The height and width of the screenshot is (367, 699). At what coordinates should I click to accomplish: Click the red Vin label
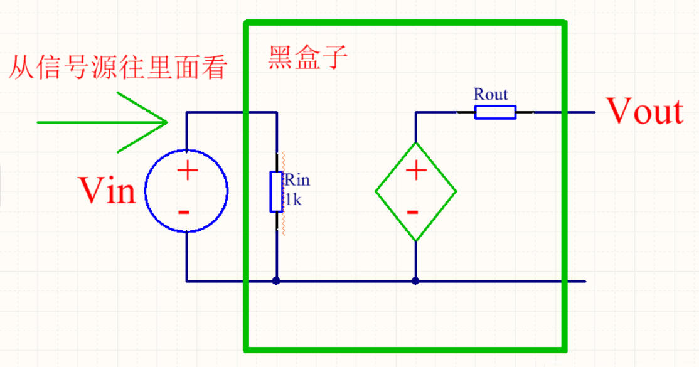(x=107, y=189)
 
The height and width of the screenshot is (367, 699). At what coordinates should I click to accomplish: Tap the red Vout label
(x=644, y=112)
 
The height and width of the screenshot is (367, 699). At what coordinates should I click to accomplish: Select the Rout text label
(x=491, y=95)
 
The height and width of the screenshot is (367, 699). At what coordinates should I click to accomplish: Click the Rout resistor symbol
(x=495, y=112)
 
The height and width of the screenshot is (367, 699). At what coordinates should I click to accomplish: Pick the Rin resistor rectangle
(x=276, y=191)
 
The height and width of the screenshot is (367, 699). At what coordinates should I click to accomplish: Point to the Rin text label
(x=297, y=181)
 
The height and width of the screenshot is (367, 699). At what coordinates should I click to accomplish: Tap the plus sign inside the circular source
(x=187, y=171)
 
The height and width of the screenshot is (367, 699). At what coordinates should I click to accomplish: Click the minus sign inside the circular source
(x=184, y=212)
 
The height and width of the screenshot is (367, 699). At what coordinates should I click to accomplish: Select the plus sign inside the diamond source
(x=415, y=171)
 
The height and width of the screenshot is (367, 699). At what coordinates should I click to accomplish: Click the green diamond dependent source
(x=415, y=191)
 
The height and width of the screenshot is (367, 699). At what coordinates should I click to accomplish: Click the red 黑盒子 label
(x=308, y=58)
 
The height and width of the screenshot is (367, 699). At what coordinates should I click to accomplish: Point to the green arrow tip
(x=168, y=122)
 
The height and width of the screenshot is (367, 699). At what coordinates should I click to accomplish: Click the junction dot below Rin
(x=276, y=281)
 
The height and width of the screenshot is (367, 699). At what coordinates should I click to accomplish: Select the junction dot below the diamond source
(x=415, y=281)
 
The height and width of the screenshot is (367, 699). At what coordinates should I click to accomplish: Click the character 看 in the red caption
(x=213, y=67)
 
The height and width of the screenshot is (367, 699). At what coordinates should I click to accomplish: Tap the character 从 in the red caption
(x=21, y=67)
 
